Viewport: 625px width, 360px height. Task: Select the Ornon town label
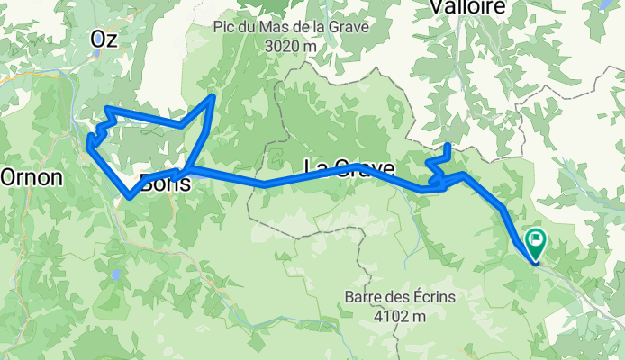pos(32,177)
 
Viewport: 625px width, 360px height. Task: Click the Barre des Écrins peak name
pos(402,297)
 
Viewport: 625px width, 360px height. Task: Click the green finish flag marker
pos(536,240)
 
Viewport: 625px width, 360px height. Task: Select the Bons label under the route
pos(166,184)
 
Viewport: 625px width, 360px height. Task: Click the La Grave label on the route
pos(349,168)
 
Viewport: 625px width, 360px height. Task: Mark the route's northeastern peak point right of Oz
pos(213,95)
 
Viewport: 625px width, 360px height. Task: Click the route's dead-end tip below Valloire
pos(448,145)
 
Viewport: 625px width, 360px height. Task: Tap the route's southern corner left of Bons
pos(131,195)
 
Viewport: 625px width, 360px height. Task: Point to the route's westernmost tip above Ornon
pos(87,140)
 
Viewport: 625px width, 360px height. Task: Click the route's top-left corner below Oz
pos(107,109)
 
